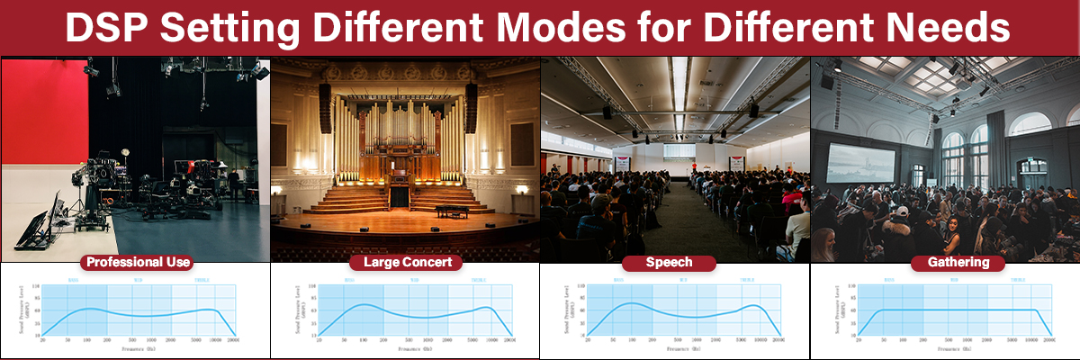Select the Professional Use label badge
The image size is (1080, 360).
[136, 263]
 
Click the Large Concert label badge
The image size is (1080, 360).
[406, 263]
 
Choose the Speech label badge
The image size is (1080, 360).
[669, 263]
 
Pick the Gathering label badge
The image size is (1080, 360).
[944, 263]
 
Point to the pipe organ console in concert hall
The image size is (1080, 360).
[400, 194]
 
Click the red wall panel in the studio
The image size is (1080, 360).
[43, 117]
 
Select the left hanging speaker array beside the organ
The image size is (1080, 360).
[325, 108]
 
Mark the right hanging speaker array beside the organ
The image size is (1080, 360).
[471, 108]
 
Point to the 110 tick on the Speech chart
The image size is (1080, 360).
[580, 286]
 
